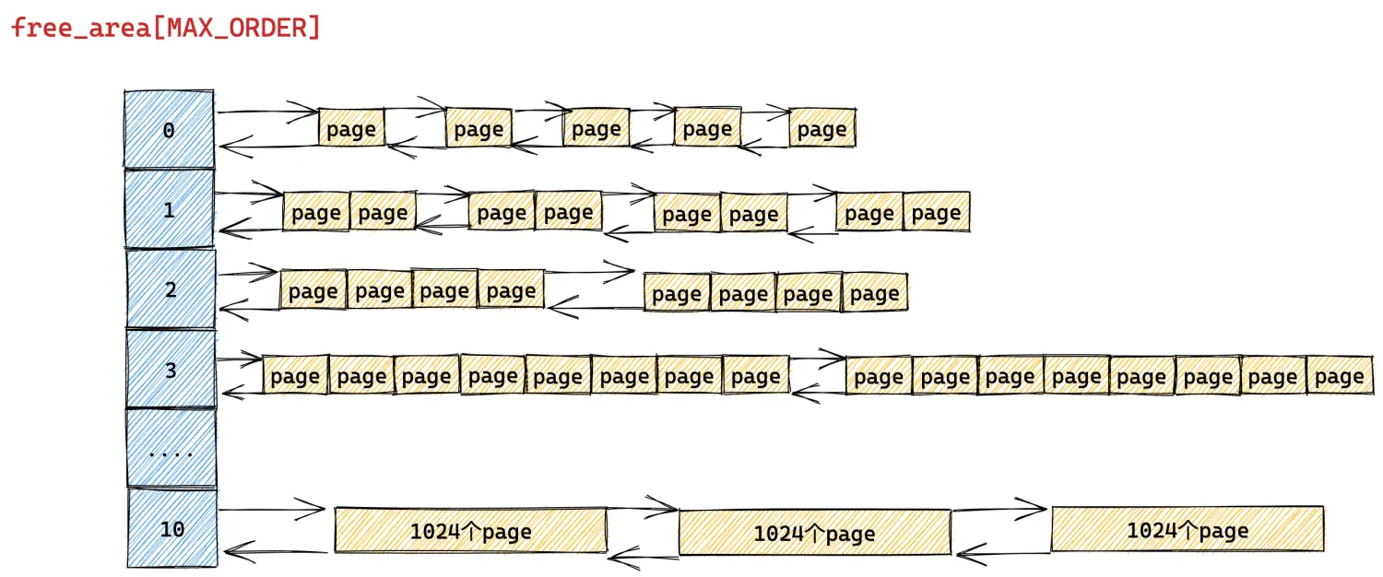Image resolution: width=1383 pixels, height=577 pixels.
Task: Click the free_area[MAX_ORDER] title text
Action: pos(166,29)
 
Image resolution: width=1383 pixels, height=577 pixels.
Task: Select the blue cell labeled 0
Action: pos(169,129)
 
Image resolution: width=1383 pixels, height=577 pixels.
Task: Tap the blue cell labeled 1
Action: pos(170,209)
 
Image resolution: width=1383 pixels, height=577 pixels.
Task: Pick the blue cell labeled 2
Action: pos(171,288)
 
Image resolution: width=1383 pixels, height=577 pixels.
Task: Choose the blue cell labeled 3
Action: pos(171,369)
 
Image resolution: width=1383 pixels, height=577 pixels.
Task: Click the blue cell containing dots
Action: pos(171,448)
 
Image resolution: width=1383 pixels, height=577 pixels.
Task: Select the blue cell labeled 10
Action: pos(172,528)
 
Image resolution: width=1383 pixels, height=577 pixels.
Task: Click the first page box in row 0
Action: pos(351,128)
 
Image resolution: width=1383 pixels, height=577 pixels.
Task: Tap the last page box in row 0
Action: pos(822,128)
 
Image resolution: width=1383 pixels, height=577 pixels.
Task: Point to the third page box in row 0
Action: pos(597,128)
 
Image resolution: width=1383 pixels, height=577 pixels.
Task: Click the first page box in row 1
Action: pos(316,212)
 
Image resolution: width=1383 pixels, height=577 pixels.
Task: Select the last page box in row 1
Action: pos(937,212)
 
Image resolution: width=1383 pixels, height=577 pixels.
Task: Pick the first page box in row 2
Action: pos(313,289)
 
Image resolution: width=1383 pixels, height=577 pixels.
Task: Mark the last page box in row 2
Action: pos(875,292)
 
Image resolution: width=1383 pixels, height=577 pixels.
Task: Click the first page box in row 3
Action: pos(296,374)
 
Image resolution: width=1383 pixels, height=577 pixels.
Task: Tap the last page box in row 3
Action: pos(1340,375)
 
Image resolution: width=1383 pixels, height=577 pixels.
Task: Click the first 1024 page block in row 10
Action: pos(470,530)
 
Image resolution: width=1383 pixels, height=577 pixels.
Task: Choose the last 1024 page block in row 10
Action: pos(1188,529)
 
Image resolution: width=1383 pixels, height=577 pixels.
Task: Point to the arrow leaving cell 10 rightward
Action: pos(272,509)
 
